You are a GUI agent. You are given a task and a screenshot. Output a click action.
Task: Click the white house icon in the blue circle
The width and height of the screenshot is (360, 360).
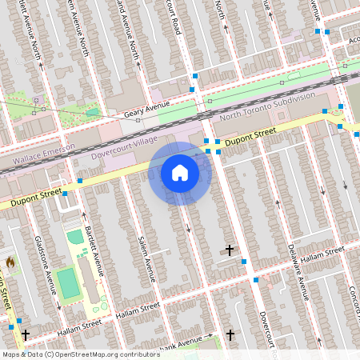tap(180, 173)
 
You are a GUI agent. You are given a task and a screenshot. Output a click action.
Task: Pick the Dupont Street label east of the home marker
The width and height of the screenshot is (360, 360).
tap(250, 137)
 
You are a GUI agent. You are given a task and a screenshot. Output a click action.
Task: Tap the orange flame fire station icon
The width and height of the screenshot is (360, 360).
tap(10, 261)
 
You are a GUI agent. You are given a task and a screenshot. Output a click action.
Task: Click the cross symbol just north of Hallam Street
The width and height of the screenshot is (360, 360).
tap(230, 251)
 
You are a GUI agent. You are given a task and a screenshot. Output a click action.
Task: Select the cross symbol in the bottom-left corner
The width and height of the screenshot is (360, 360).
tap(25, 334)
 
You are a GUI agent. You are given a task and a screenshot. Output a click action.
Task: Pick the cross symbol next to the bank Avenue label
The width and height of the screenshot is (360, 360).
tap(230, 334)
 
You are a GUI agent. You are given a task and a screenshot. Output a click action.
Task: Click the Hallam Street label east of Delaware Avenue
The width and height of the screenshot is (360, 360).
tap(326, 254)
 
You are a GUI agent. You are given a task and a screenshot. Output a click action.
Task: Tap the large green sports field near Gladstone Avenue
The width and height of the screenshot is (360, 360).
tap(69, 282)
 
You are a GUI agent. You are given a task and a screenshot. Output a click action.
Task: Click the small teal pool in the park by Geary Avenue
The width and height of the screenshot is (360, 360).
tap(93, 112)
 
